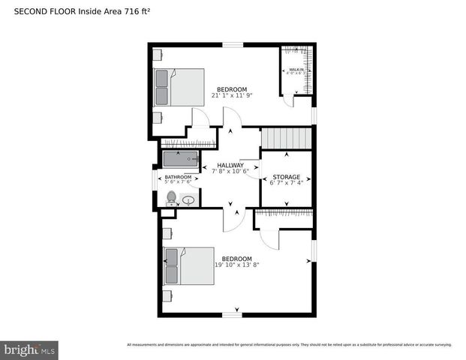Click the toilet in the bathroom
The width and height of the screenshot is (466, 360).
coord(171,198)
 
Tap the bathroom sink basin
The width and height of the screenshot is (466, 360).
coord(188,199)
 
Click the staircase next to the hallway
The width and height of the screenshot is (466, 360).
coord(285,139)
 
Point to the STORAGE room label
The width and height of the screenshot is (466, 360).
coord(286,177)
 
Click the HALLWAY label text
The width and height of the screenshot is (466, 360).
coord(230,165)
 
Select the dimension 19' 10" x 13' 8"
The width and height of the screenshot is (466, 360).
coord(236,265)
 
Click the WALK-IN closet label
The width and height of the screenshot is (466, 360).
coord(296,68)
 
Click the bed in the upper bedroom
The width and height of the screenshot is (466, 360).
coord(179,87)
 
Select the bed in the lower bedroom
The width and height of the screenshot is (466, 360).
coord(188,265)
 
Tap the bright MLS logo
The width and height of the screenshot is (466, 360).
coord(29,349)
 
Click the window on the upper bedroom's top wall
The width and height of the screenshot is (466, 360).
coord(233,45)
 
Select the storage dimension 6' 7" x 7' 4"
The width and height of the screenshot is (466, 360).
coord(286,183)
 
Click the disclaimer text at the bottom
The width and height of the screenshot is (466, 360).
coord(289,345)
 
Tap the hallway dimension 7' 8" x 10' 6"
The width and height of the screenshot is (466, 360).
coord(230,171)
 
